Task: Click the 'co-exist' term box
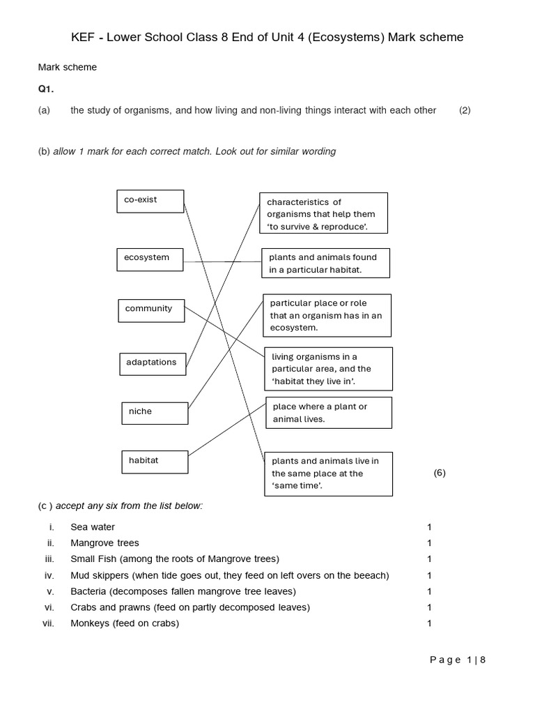pos(150,201)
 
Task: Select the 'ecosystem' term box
pos(150,259)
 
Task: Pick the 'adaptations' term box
pos(153,363)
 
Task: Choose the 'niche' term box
pos(155,413)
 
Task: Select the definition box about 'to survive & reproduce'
pos(323,213)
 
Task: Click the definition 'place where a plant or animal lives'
pos(328,413)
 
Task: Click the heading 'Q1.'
pos(46,89)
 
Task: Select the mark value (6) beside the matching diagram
pos(439,473)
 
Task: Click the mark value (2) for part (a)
pos(465,110)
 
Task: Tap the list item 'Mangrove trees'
pos(104,542)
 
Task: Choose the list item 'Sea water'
pos(93,527)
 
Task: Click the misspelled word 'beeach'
pos(371,575)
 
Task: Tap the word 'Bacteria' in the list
pos(88,591)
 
